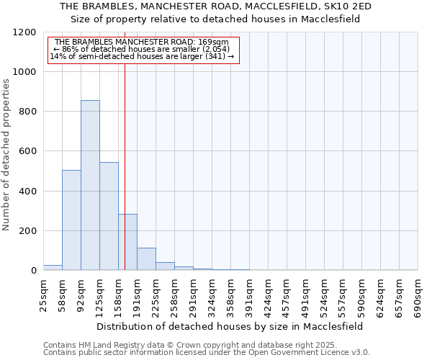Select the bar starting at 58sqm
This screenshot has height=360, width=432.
pyautogui.click(x=71, y=220)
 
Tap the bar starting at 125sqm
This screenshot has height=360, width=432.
pyautogui.click(x=109, y=216)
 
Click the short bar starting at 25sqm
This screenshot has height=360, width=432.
pyautogui.click(x=53, y=267)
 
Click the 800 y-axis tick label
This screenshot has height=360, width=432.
pyautogui.click(x=27, y=112)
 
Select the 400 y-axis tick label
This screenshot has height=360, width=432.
pyautogui.click(x=27, y=192)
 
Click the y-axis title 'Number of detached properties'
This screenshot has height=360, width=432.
pyautogui.click(x=6, y=155)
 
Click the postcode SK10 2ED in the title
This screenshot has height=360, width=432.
pyautogui.click(x=351, y=6)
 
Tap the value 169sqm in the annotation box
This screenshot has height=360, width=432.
pyautogui.click(x=215, y=42)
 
